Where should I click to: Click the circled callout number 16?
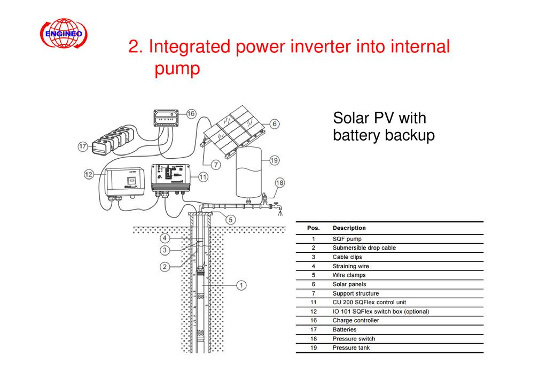pyautogui.click(x=190, y=113)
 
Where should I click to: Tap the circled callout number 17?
pyautogui.click(x=83, y=146)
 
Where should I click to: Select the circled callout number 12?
pyautogui.click(x=89, y=174)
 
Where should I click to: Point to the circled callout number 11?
pyautogui.click(x=203, y=176)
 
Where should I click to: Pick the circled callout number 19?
pyautogui.click(x=273, y=160)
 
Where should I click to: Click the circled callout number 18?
pyautogui.click(x=280, y=183)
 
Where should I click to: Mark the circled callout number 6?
pyautogui.click(x=273, y=124)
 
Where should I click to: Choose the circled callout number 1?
pyautogui.click(x=241, y=285)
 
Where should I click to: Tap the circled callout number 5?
pyautogui.click(x=230, y=219)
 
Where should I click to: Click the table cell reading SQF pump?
pyautogui.click(x=347, y=239)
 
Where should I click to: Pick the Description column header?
pyautogui.click(x=349, y=228)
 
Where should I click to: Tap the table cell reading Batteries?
pyautogui.click(x=344, y=330)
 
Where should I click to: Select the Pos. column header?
pyautogui.click(x=314, y=228)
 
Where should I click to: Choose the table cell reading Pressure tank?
pyautogui.click(x=351, y=348)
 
